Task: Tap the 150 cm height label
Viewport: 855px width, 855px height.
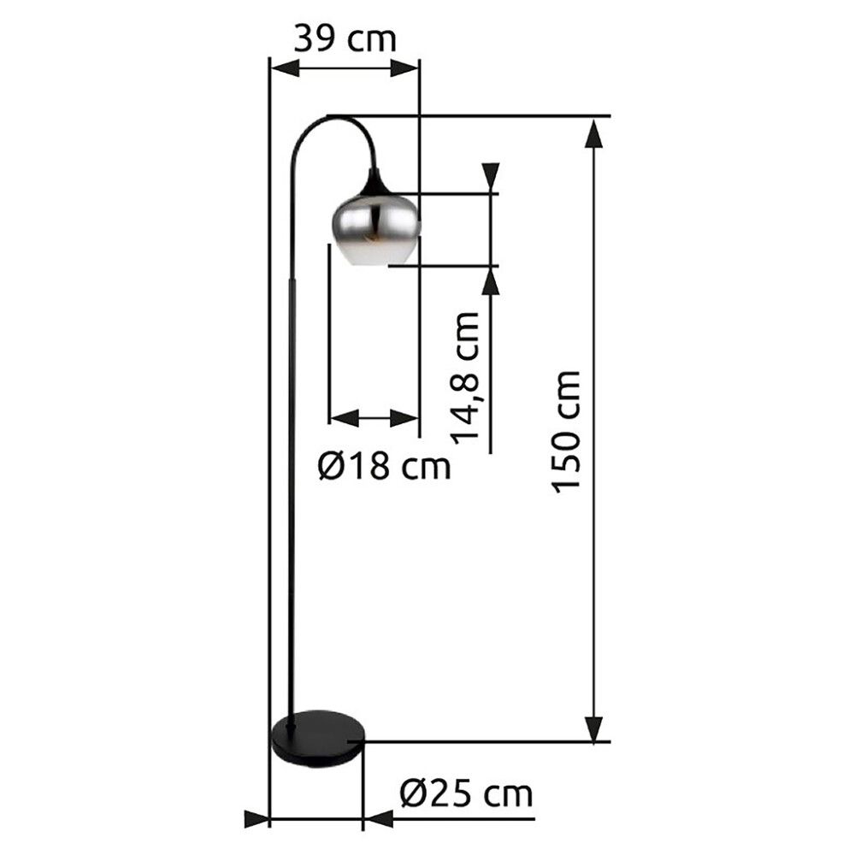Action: (x=566, y=432)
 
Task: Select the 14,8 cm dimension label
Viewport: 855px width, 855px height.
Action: (x=466, y=377)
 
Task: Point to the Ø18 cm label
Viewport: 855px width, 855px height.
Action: (x=384, y=466)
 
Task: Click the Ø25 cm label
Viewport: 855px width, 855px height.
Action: (x=466, y=793)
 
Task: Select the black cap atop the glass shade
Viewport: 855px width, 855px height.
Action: (x=374, y=183)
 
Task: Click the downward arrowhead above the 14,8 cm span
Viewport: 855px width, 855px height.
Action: (x=491, y=177)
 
